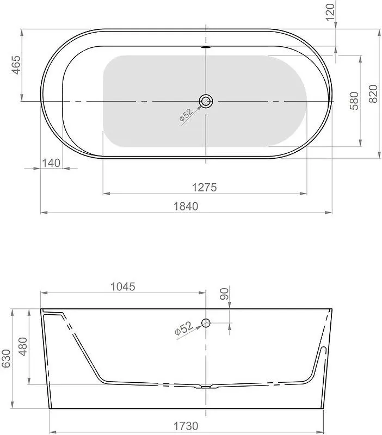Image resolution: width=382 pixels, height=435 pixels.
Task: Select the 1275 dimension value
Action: (205, 187)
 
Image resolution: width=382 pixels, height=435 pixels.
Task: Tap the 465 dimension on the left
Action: (16, 65)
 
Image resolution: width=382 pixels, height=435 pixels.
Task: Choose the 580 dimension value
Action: (354, 100)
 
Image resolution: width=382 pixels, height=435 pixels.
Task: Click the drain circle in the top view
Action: (206, 101)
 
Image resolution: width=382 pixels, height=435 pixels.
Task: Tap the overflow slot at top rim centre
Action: (206, 48)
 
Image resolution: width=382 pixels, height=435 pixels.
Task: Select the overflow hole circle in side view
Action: (206, 323)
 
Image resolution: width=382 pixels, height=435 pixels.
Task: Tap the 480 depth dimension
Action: (22, 345)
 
